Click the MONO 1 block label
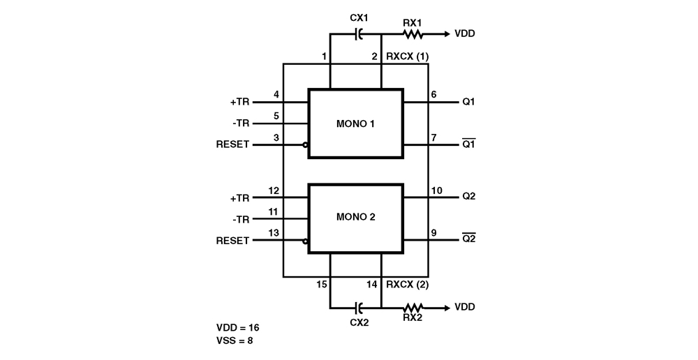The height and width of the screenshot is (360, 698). click(x=356, y=124)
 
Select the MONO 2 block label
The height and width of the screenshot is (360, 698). click(x=356, y=217)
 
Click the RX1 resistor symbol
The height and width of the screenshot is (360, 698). click(x=413, y=33)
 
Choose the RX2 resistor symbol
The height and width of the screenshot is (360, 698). click(x=413, y=307)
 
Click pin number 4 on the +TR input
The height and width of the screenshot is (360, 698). click(x=276, y=94)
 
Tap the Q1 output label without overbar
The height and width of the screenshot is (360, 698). click(x=468, y=102)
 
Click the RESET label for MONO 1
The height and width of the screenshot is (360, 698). click(x=233, y=145)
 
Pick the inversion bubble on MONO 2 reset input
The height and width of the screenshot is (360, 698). click(x=306, y=241)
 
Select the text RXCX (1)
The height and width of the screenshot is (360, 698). click(x=408, y=57)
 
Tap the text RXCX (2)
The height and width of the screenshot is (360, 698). click(x=408, y=285)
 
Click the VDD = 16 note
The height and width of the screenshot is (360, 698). click(x=238, y=327)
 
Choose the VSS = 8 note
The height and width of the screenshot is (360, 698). click(x=235, y=341)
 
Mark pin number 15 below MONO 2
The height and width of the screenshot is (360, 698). click(x=322, y=285)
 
